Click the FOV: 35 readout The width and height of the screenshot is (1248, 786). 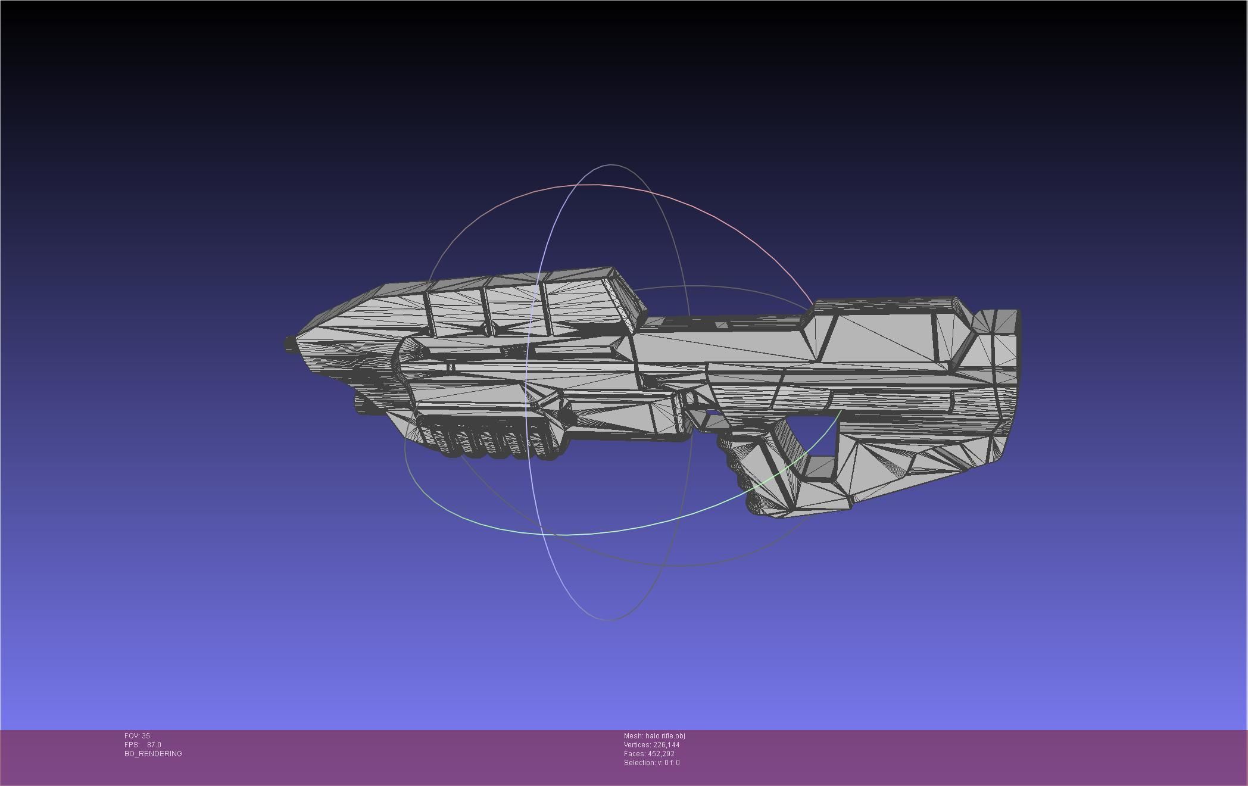click(x=137, y=736)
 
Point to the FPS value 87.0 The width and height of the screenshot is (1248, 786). click(x=154, y=745)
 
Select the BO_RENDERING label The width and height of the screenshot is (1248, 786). click(x=153, y=754)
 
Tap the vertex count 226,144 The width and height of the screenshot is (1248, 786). click(x=666, y=745)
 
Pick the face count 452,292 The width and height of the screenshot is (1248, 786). click(x=661, y=754)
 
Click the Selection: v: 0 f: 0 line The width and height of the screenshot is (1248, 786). click(x=651, y=763)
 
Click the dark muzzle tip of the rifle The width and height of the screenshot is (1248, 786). click(x=291, y=344)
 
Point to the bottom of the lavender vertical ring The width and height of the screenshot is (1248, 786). click(x=610, y=619)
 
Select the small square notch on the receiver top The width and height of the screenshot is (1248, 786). click(x=722, y=325)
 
